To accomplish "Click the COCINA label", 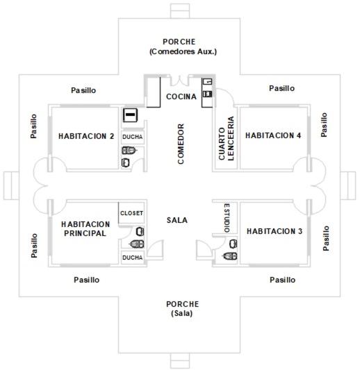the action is (x=181, y=96).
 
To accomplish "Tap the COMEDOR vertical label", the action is (x=181, y=144).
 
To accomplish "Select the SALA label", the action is (x=177, y=220).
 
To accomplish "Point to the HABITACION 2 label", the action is (x=86, y=136).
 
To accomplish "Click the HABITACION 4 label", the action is (x=273, y=135).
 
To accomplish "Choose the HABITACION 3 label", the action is (x=275, y=231).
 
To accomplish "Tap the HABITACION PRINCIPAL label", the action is (x=85, y=228).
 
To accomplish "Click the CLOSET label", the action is (x=131, y=213).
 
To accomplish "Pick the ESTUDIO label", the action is (x=227, y=217).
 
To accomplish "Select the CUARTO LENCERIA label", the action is (x=227, y=139).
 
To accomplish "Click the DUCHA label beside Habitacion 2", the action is (x=133, y=137).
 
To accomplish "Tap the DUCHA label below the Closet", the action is (x=133, y=258).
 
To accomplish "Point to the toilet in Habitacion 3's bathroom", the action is (x=230, y=256).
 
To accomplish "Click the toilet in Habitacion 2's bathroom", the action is (x=129, y=151).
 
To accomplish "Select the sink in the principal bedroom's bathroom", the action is (x=140, y=231).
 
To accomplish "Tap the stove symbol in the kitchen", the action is (x=208, y=94).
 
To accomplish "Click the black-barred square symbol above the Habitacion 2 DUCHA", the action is (x=130, y=115).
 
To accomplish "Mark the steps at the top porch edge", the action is (x=180, y=11).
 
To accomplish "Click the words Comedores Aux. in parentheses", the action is (x=183, y=51).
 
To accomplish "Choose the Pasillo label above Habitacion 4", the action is (x=281, y=88).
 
